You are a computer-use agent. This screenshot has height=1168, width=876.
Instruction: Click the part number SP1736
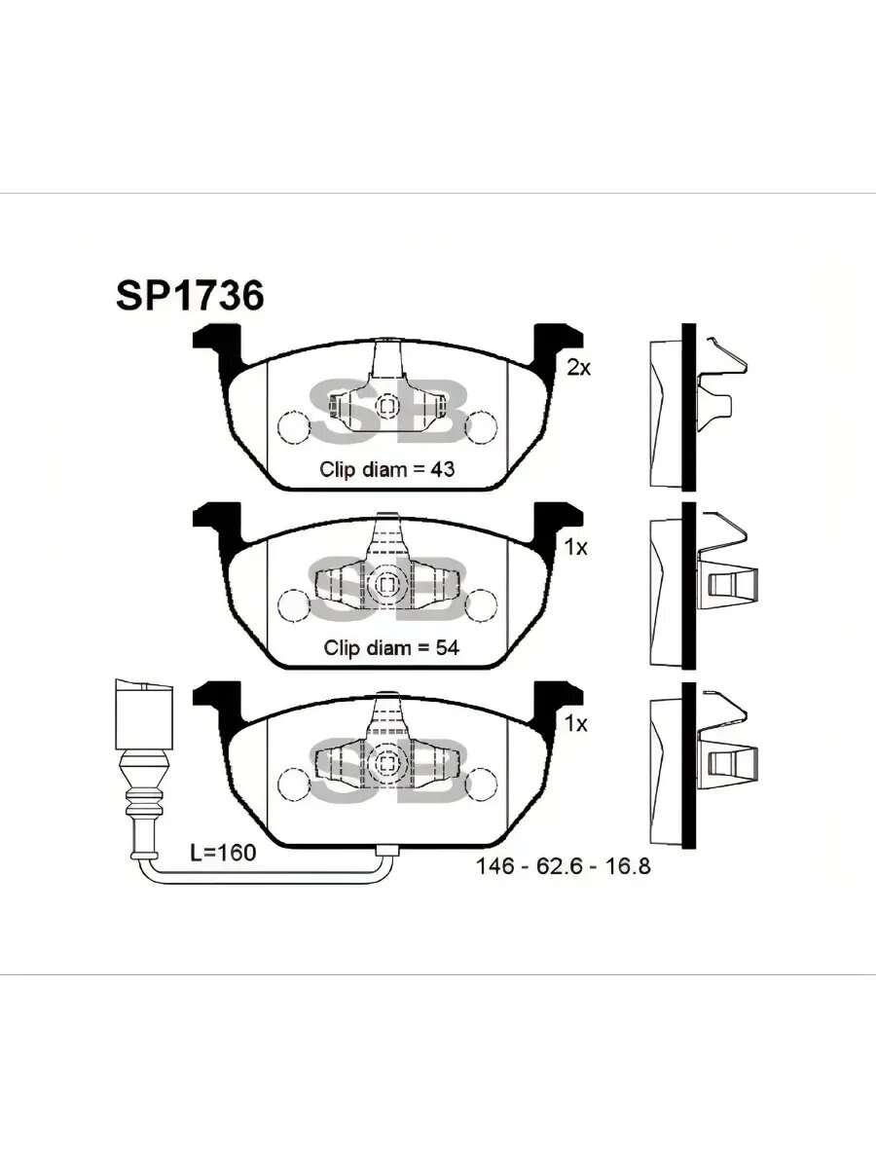(x=190, y=296)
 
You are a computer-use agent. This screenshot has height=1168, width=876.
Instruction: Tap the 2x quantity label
(x=579, y=368)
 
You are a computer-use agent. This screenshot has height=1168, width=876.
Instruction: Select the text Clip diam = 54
(x=391, y=646)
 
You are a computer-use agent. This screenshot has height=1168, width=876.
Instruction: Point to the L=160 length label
(x=223, y=854)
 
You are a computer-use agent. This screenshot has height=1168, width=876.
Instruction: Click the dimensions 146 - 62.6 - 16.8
(x=563, y=865)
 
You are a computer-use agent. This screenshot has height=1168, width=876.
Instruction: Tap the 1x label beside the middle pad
(x=577, y=548)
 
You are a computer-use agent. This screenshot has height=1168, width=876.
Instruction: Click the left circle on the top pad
(x=292, y=426)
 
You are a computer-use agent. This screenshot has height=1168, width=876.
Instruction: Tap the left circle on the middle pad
(x=292, y=604)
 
